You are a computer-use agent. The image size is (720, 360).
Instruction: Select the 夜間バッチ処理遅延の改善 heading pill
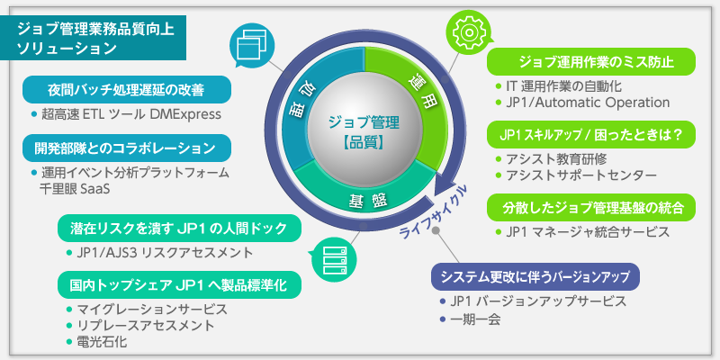click(x=126, y=90)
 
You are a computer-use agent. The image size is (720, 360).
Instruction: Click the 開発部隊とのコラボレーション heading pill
click(x=126, y=147)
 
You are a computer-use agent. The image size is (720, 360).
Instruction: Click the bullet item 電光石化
click(x=103, y=342)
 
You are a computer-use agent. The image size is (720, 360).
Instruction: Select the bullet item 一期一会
click(x=476, y=319)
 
